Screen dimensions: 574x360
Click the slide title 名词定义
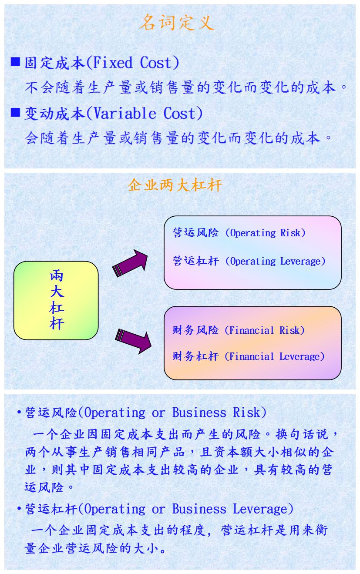click(177, 23)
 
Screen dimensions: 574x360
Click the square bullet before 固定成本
click(16, 62)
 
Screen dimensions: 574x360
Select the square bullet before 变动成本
click(16, 113)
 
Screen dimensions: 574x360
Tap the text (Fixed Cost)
click(133, 63)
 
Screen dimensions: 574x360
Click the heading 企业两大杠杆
click(175, 185)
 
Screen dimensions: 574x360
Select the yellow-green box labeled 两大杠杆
click(56, 300)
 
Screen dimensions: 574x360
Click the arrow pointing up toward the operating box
click(130, 263)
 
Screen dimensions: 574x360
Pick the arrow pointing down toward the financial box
click(133, 340)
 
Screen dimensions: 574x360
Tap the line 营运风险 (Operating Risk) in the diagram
click(239, 233)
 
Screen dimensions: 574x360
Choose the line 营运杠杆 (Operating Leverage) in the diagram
click(249, 261)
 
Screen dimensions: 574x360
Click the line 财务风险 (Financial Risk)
click(239, 330)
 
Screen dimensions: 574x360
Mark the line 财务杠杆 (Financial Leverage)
click(249, 356)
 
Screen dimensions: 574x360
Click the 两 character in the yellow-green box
click(57, 275)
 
